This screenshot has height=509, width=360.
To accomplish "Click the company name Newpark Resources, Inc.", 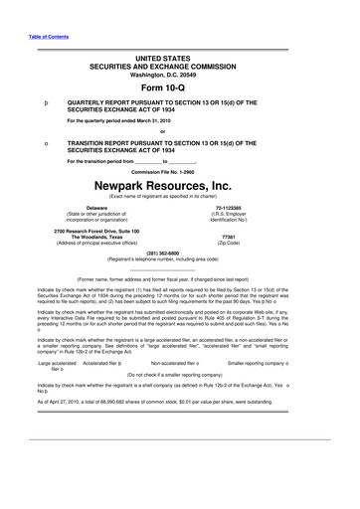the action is point(179,185).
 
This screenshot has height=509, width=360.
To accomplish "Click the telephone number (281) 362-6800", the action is point(179,253).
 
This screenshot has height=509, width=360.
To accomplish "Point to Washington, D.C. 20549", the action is point(179,72).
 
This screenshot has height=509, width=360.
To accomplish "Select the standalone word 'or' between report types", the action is point(179,131).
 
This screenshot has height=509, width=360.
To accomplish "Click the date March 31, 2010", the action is point(155,120).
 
